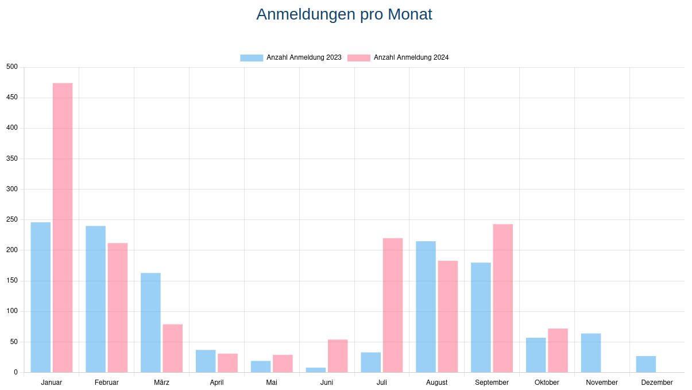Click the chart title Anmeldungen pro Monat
pyautogui.click(x=344, y=14)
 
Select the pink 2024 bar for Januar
pyautogui.click(x=63, y=227)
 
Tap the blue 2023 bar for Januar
pyautogui.click(x=41, y=297)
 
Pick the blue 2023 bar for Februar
pyautogui.click(x=96, y=299)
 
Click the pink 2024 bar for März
pyautogui.click(x=173, y=348)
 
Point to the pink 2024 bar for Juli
pyautogui.click(x=393, y=305)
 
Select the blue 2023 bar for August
pyautogui.click(x=426, y=307)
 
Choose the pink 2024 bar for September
pyautogui.click(x=503, y=298)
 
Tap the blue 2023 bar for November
pyautogui.click(x=591, y=353)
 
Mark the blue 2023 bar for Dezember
pyautogui.click(x=646, y=364)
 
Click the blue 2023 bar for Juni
pyautogui.click(x=316, y=370)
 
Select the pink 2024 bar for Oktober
pyautogui.click(x=558, y=350)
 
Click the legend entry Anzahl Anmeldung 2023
pyautogui.click(x=291, y=57)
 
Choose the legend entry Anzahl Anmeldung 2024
pyautogui.click(x=399, y=57)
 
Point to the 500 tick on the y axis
pyautogui.click(x=12, y=67)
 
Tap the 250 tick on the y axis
pyautogui.click(x=12, y=219)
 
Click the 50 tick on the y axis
pyautogui.click(x=14, y=342)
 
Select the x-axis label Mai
pyautogui.click(x=272, y=383)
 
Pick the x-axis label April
pyautogui.click(x=217, y=383)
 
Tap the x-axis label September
pyautogui.click(x=492, y=383)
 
